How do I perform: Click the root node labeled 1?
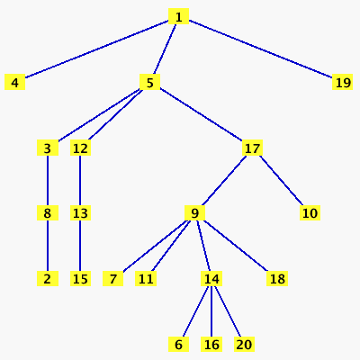(x=178, y=16)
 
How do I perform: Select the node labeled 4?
(x=14, y=82)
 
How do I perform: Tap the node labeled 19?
(x=342, y=82)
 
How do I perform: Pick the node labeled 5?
(x=149, y=82)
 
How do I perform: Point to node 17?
(x=252, y=148)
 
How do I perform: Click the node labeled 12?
(x=80, y=148)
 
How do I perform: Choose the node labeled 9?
(x=194, y=213)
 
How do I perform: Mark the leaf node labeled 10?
(x=310, y=213)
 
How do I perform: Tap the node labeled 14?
(x=211, y=278)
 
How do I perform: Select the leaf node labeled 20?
(x=244, y=344)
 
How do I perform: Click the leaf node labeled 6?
(x=178, y=344)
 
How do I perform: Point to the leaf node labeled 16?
(x=211, y=344)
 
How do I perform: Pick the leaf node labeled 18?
(x=277, y=278)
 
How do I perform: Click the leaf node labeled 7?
(x=112, y=278)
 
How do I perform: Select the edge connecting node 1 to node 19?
(x=261, y=49)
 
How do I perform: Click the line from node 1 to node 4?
(x=96, y=49)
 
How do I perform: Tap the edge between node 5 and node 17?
(x=201, y=114)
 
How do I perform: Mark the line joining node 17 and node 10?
(x=282, y=180)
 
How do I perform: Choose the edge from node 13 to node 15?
(x=80, y=246)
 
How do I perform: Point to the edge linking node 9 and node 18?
(x=236, y=246)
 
